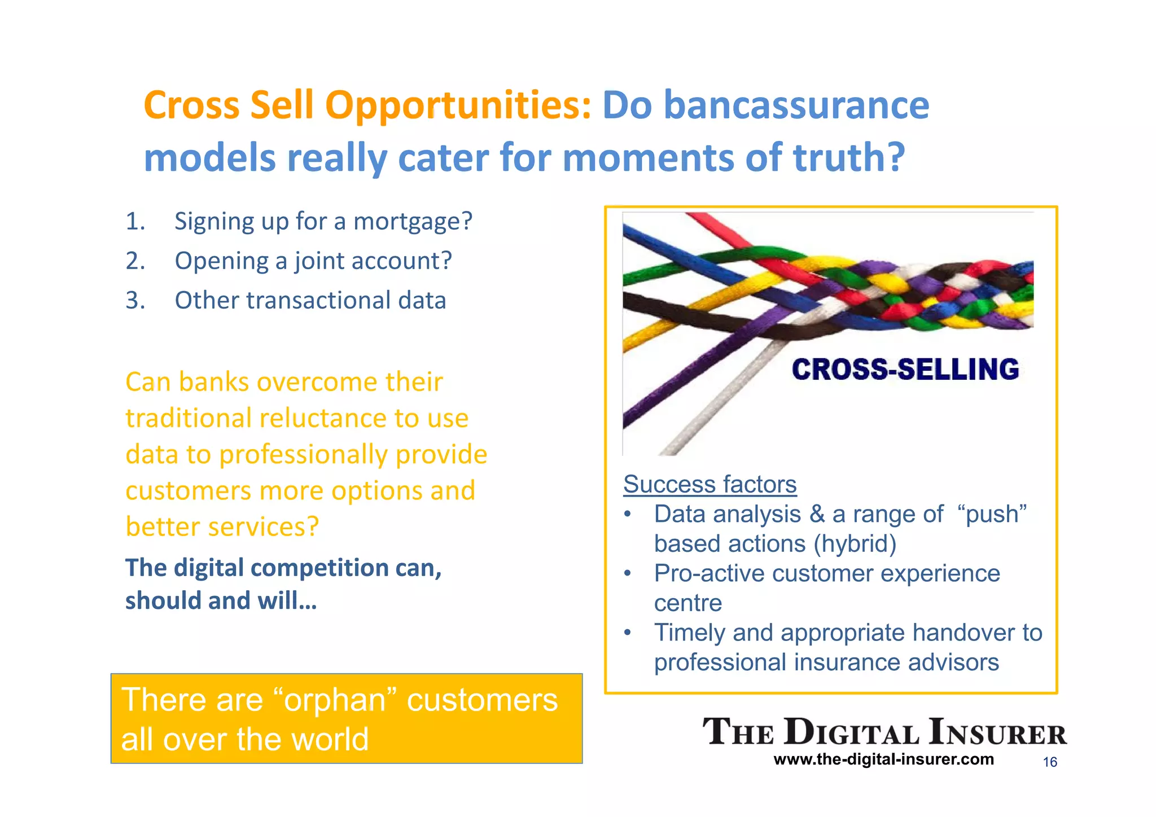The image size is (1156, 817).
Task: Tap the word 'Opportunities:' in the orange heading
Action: [x=458, y=106]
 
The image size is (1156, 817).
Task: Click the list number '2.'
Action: [x=135, y=261]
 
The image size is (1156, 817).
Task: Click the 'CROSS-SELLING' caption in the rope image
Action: [x=905, y=370]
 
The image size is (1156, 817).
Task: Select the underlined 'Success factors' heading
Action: [x=710, y=484]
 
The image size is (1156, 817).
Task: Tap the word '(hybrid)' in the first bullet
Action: [x=855, y=544]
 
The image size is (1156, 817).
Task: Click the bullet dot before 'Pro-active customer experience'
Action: [x=627, y=574]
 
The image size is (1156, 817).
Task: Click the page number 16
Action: [x=1049, y=762]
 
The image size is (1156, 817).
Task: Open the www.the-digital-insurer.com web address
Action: [x=883, y=759]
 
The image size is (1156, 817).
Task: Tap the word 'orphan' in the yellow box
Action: [x=335, y=700]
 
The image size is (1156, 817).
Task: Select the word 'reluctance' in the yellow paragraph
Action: [x=323, y=419]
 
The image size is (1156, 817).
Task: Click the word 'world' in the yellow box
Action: [x=328, y=739]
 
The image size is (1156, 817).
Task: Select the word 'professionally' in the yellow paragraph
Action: [x=303, y=455]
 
